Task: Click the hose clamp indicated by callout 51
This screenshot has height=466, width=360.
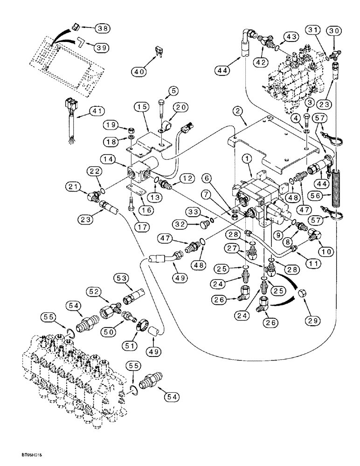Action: point(140,325)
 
